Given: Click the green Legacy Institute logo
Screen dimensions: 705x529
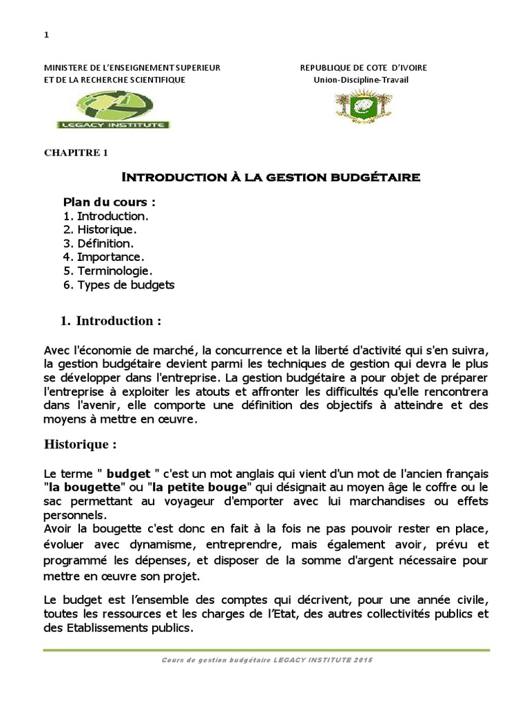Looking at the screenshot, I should [x=113, y=111].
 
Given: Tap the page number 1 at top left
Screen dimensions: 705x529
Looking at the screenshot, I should [x=45, y=36].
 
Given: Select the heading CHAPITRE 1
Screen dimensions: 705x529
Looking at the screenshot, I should [x=76, y=153].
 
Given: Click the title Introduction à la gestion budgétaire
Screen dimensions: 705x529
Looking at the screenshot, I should [x=271, y=178].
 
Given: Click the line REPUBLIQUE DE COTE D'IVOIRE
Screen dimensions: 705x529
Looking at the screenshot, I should [x=363, y=67].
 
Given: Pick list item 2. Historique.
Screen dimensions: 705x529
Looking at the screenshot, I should [x=100, y=229].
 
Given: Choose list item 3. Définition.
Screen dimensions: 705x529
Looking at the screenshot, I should [x=98, y=243].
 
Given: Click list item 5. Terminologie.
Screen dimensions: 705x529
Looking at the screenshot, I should [x=107, y=271].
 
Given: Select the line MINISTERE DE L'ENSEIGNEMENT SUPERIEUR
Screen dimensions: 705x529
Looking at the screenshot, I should [x=132, y=67].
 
